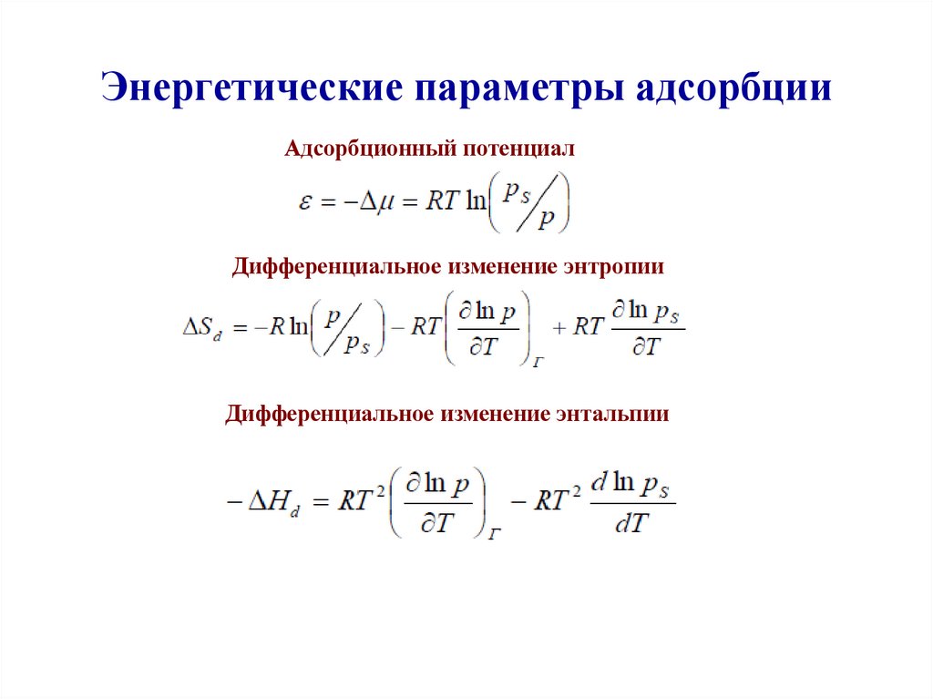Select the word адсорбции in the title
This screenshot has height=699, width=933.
[x=729, y=88]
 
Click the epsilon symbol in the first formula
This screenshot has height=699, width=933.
[x=306, y=203]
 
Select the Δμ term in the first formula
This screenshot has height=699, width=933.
[x=373, y=202]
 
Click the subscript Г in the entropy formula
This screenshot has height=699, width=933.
[x=538, y=362]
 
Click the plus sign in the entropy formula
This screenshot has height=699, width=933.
[x=558, y=327]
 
